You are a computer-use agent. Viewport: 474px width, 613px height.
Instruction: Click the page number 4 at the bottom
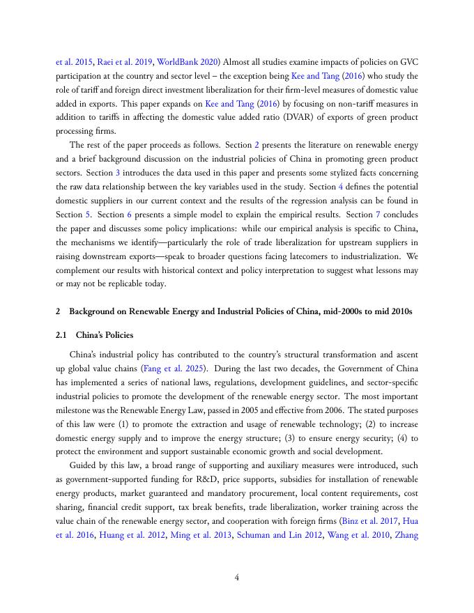pos(237,577)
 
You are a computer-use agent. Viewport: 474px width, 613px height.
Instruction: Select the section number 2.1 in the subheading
pos(61,335)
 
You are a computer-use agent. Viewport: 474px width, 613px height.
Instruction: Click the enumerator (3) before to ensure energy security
pos(289,437)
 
